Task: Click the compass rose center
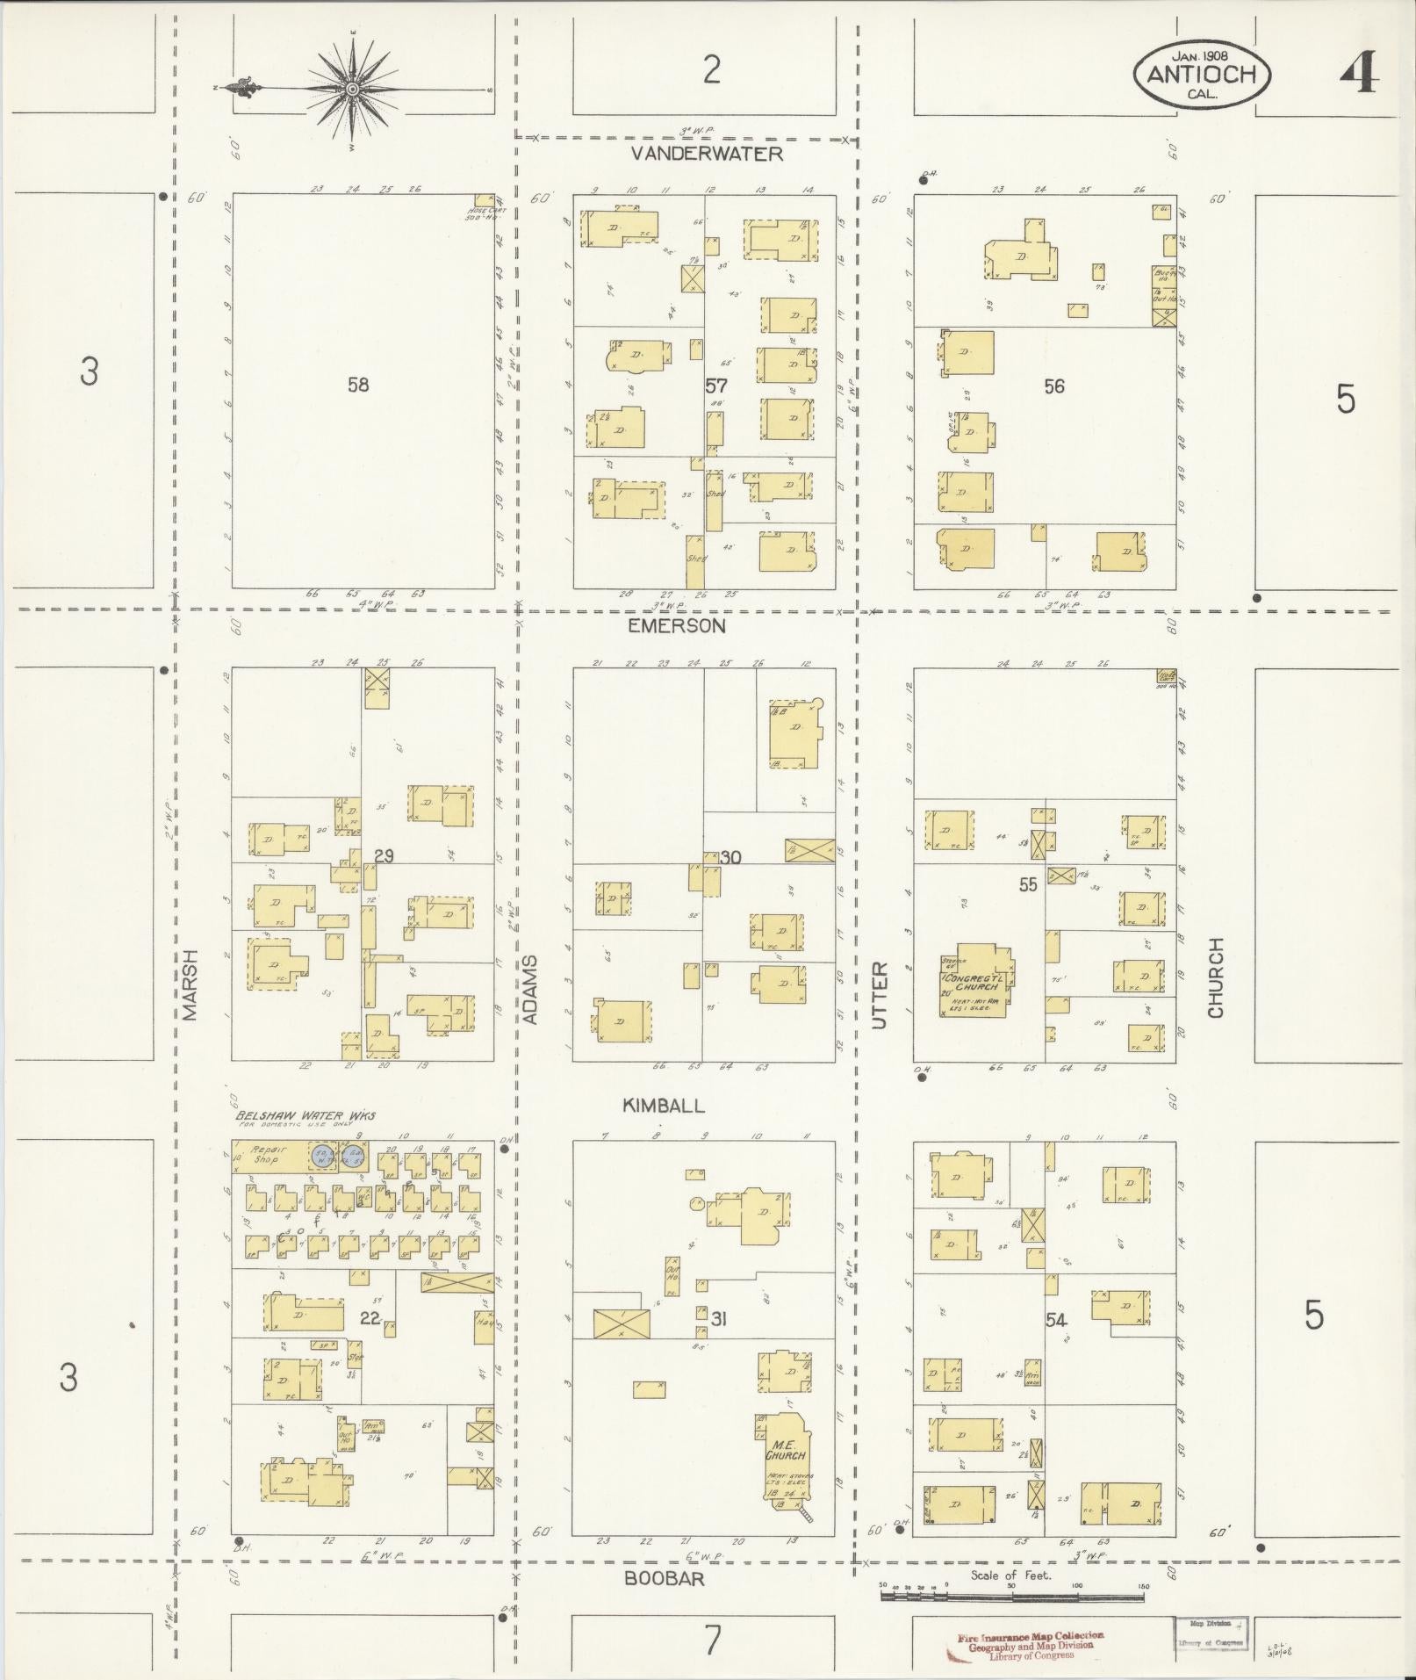[x=353, y=89]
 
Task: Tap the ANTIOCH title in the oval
[x=1200, y=75]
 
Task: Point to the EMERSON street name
[x=677, y=625]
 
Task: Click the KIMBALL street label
[x=664, y=1106]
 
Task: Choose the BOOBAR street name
[x=665, y=1578]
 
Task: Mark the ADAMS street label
[x=529, y=989]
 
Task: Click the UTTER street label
[x=881, y=995]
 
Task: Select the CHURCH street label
[x=1215, y=977]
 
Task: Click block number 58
[x=358, y=384]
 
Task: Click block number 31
[x=719, y=1318]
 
